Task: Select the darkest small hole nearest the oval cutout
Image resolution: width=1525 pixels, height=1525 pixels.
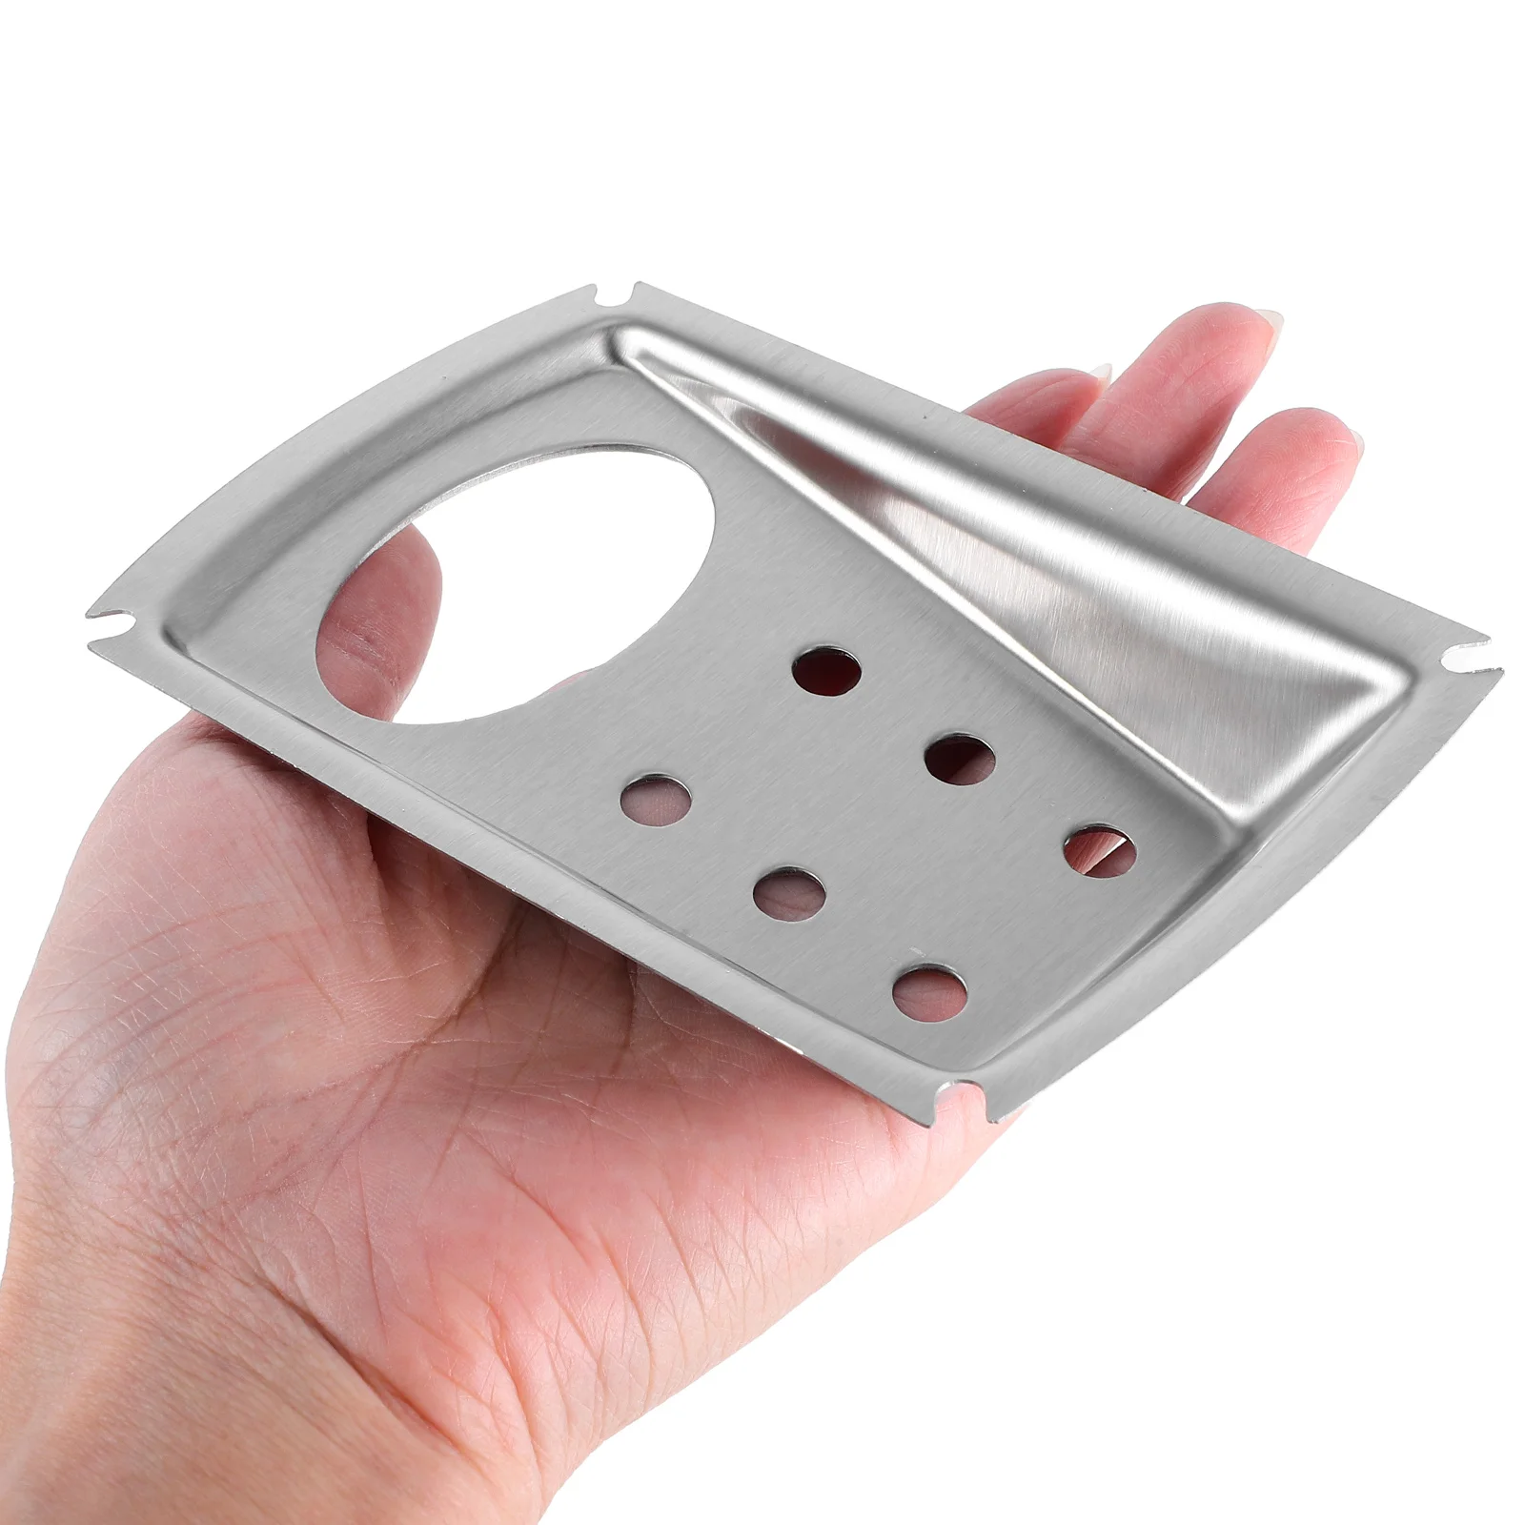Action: click(826, 671)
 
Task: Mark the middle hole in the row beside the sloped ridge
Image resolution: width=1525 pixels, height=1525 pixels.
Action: click(960, 760)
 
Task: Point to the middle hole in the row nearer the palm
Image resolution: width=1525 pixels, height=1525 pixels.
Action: click(788, 894)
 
